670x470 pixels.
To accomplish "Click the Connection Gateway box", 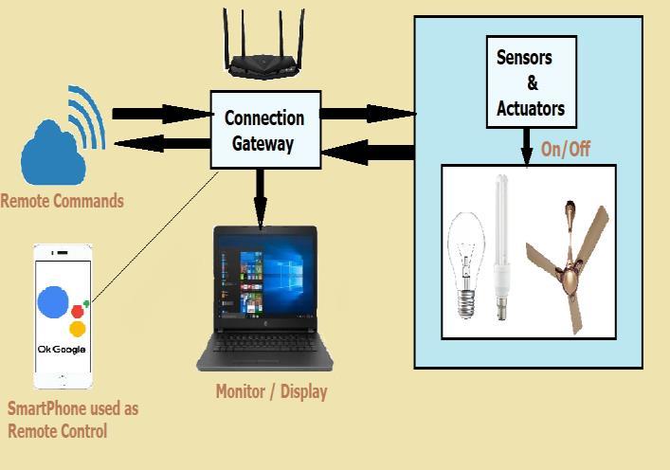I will point(264,131).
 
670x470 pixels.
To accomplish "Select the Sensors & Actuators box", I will point(530,82).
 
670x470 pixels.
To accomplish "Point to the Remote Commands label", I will point(62,201).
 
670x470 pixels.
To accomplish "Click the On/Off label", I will point(566,149).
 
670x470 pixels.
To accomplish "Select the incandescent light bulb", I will point(465,261).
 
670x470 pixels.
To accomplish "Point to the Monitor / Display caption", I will point(271,391).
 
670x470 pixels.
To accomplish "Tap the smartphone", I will point(63,316).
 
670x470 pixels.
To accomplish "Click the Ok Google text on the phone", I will point(62,349).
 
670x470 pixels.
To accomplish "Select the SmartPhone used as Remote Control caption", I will point(72,420).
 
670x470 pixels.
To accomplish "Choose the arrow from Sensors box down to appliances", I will point(526,147).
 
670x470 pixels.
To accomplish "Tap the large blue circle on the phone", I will point(54,302).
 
